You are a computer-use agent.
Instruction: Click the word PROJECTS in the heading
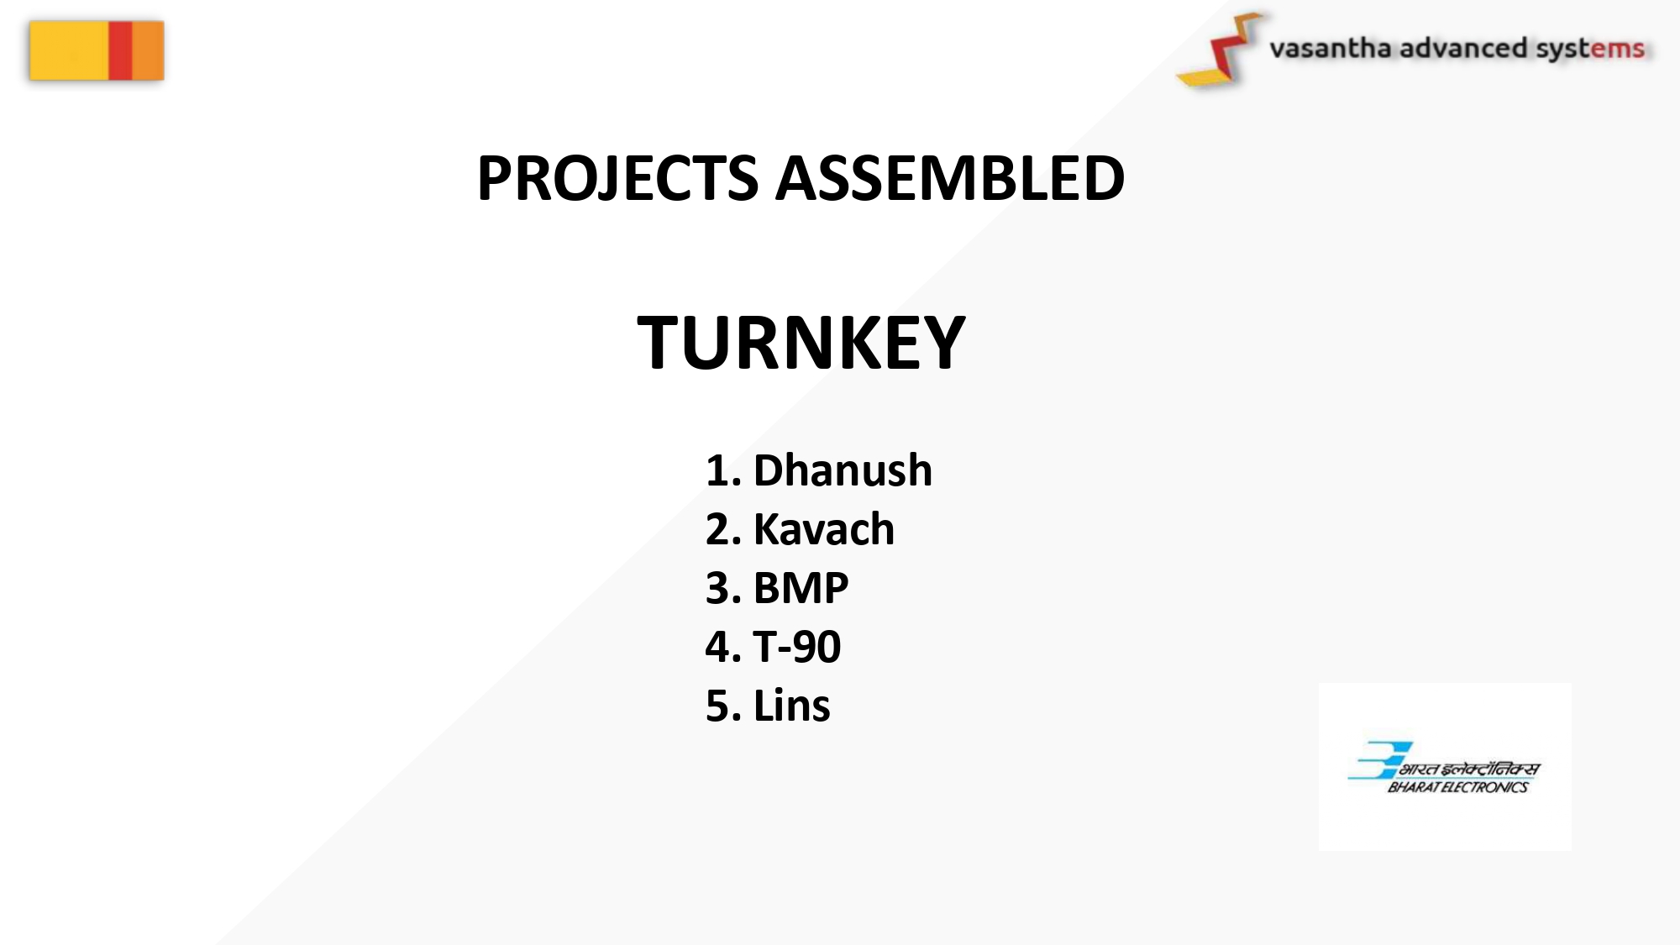tap(617, 179)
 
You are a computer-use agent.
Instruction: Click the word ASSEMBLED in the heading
tap(950, 178)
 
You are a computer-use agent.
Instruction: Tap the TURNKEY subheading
tap(801, 342)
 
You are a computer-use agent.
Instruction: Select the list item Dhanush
tap(843, 470)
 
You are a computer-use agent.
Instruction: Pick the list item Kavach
tap(824, 528)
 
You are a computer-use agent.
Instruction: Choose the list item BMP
tap(801, 587)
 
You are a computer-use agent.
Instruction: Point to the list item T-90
tap(796, 646)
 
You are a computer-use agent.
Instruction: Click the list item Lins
tap(791, 705)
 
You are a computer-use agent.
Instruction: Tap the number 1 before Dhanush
tap(717, 470)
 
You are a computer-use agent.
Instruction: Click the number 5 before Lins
tap(718, 706)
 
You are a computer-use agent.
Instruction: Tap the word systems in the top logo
tap(1590, 50)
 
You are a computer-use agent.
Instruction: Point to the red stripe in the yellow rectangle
tap(120, 50)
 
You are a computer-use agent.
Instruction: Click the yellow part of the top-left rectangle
tap(69, 50)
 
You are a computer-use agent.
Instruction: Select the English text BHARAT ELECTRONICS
tap(1457, 787)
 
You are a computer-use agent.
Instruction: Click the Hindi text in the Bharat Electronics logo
tap(1469, 769)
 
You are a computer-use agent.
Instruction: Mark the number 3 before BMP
tap(718, 588)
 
